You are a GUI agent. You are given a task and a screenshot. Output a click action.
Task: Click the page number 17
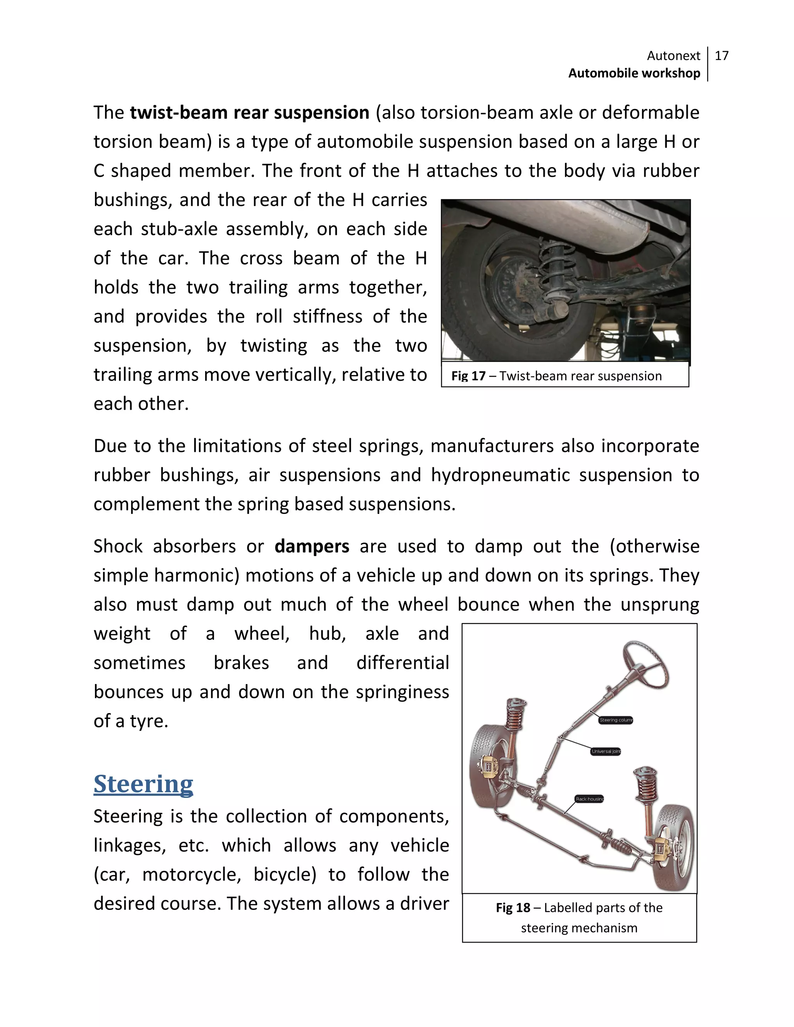[721, 56]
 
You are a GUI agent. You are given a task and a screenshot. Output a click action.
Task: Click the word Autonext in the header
[673, 56]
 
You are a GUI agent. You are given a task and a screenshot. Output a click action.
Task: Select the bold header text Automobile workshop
[633, 73]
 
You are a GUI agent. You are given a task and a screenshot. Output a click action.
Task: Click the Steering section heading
[143, 784]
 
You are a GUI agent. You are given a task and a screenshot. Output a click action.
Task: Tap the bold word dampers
[312, 546]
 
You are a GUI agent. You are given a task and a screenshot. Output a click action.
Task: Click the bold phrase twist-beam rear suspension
[249, 113]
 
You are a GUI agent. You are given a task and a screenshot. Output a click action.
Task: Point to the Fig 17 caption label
[468, 376]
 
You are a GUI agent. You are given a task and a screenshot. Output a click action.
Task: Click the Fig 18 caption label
[513, 908]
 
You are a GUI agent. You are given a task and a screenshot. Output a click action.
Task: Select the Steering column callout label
[616, 720]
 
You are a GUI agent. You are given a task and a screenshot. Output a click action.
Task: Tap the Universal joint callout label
[606, 751]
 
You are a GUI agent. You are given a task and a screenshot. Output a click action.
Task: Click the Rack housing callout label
[589, 799]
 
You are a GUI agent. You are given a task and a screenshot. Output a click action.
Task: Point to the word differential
[403, 663]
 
